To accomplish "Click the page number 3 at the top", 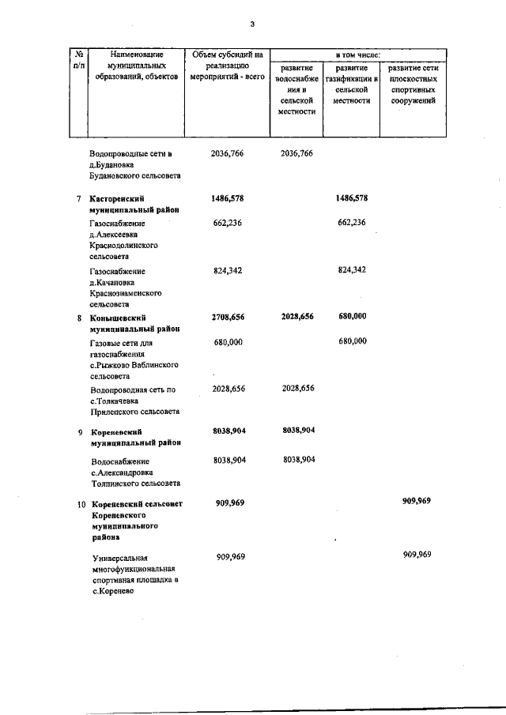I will pyautogui.click(x=251, y=24).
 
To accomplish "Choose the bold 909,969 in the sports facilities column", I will pyautogui.click(x=417, y=502).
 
